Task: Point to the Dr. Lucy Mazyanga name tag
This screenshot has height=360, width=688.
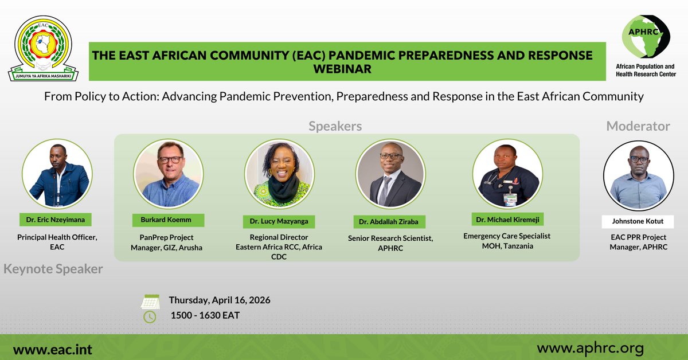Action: [x=279, y=221]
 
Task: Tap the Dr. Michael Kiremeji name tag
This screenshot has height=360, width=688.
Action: [x=507, y=220]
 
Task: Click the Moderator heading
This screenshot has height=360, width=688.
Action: [x=638, y=126]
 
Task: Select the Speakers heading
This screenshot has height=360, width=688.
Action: [x=335, y=126]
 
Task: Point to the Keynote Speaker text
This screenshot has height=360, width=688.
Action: [x=53, y=269]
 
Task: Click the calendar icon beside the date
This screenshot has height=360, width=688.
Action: [x=150, y=302]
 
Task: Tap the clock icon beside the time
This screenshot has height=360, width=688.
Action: [x=150, y=316]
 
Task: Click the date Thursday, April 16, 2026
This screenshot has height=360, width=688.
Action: [x=220, y=300]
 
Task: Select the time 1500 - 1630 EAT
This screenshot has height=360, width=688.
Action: [x=205, y=315]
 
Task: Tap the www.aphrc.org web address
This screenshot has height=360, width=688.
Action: [x=590, y=348]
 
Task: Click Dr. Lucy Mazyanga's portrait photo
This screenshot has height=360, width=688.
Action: [x=279, y=173]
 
